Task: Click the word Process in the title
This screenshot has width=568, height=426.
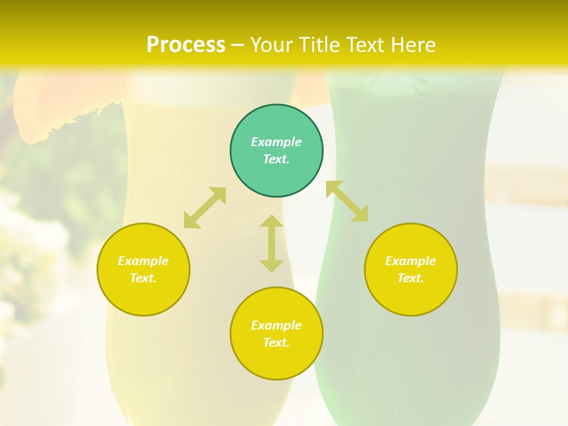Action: [x=186, y=45]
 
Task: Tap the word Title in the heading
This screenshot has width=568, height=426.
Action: [x=320, y=45]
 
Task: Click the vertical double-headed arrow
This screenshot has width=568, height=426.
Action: [x=272, y=243]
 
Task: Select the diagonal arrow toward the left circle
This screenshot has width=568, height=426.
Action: [x=205, y=208]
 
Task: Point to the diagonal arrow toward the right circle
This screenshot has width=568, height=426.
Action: [x=347, y=201]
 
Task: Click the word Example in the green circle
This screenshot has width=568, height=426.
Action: [x=276, y=142]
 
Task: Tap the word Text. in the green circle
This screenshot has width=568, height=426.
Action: [x=276, y=159]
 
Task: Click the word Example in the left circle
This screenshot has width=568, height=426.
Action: [x=143, y=261]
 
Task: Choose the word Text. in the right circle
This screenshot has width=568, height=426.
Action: [x=411, y=278]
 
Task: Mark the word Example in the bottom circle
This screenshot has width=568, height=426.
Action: [x=276, y=325]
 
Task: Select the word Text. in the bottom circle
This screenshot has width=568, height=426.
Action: [x=276, y=343]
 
